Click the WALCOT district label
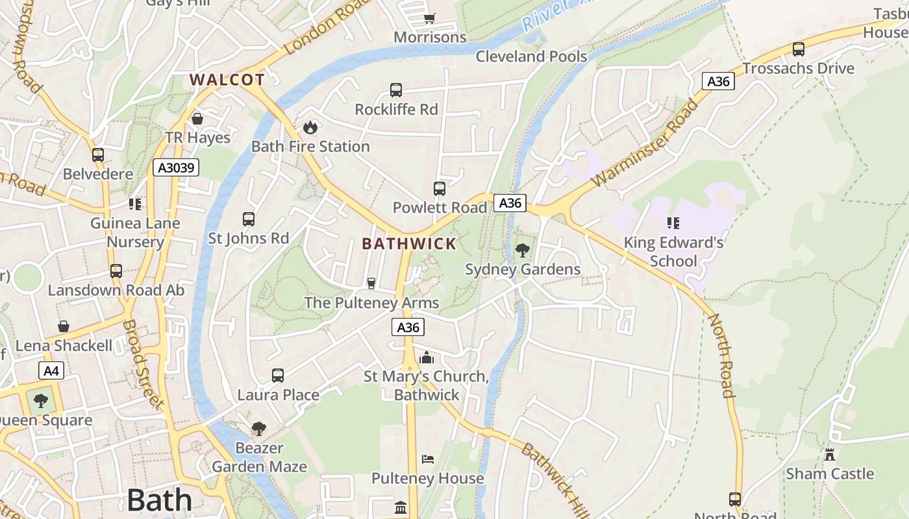[227, 80]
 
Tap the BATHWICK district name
[409, 244]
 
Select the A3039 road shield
[176, 168]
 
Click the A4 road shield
[51, 370]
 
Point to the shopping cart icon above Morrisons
[429, 18]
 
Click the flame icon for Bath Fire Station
[310, 127]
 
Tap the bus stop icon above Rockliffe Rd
[396, 90]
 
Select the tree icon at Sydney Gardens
[522, 250]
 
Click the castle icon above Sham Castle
[829, 454]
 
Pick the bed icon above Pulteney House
[427, 459]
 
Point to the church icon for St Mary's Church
[426, 357]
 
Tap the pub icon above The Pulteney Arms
[371, 284]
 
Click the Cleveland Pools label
[531, 56]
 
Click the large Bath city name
[160, 500]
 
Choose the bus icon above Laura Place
[278, 375]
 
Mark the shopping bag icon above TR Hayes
[197, 119]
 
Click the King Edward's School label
[673, 252]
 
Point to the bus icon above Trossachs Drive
[799, 49]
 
